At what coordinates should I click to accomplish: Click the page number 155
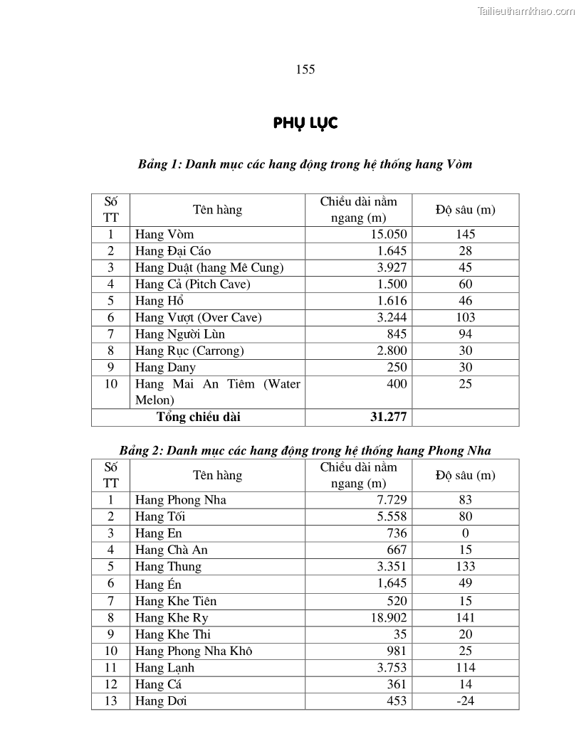point(305,69)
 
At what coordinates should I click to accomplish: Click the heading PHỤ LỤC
point(305,124)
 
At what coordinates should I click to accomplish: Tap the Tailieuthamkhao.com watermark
point(526,11)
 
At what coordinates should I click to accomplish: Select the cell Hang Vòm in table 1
point(164,234)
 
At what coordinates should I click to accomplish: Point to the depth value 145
point(465,234)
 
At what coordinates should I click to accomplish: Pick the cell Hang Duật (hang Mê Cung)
point(209,267)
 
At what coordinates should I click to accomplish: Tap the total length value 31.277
point(389,417)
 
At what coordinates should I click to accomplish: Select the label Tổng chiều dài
point(198,417)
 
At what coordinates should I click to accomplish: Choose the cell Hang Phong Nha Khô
point(194,651)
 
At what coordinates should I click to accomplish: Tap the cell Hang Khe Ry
point(172,617)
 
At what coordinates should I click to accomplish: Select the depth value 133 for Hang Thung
point(465,567)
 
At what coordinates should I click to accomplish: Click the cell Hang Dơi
point(161,701)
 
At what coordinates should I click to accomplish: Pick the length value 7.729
point(392,500)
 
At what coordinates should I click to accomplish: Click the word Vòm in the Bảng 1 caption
point(458,164)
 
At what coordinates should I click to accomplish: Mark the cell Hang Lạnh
point(164,668)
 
